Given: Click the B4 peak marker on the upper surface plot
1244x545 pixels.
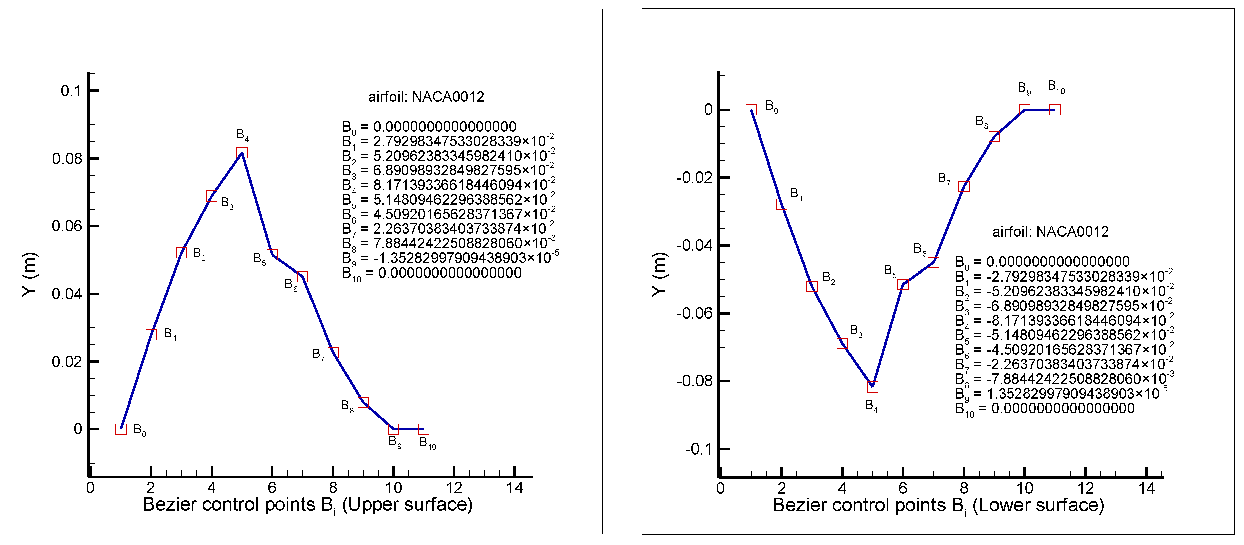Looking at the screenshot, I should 242,153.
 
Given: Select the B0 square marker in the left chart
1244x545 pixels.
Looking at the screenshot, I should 121,429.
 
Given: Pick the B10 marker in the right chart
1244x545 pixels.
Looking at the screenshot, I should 1055,110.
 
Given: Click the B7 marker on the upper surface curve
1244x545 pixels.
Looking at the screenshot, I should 333,353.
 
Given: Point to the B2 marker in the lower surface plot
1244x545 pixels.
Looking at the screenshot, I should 812,286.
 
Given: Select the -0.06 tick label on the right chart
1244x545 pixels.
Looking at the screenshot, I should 694,313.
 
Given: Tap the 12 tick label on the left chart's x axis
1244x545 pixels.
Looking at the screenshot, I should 454,488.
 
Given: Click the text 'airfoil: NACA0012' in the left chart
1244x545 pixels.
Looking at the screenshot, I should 426,97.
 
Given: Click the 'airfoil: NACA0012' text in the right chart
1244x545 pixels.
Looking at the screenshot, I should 1050,232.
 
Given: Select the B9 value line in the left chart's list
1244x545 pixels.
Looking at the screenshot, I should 450,258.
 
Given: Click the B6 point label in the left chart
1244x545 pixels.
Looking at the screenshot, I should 291,284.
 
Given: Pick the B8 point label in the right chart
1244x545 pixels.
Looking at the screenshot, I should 981,121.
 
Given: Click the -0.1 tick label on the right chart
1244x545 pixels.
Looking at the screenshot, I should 699,449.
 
